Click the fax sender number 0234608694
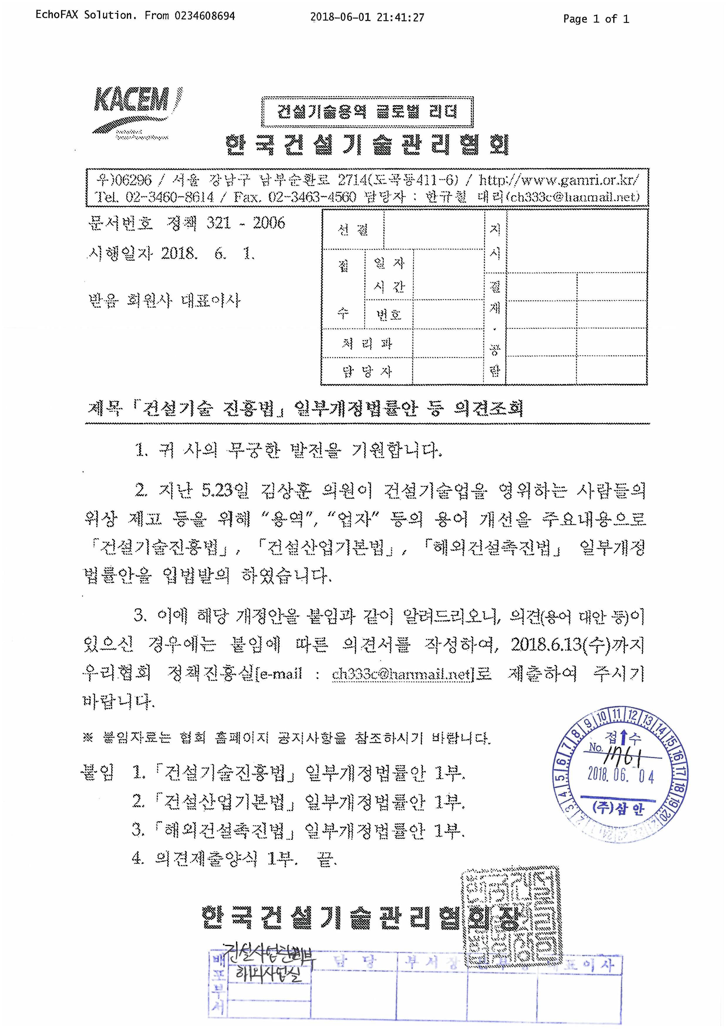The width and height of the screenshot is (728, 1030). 205,16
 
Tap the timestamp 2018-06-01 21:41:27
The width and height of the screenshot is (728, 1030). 367,18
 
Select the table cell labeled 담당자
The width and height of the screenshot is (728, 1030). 366,371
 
